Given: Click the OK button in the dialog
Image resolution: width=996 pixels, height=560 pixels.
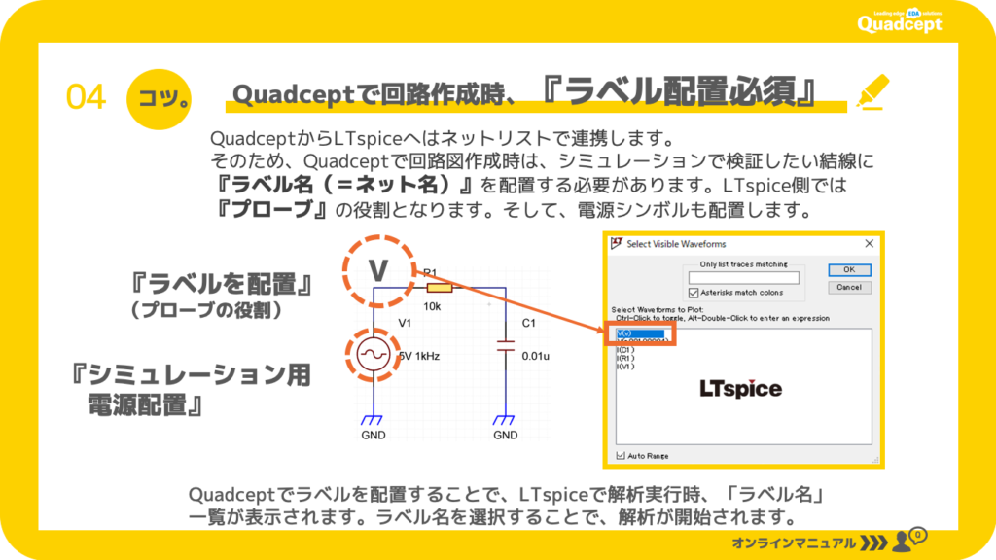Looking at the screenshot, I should pyautogui.click(x=849, y=269).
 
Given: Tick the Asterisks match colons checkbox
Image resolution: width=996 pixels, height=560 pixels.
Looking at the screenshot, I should pyautogui.click(x=694, y=292).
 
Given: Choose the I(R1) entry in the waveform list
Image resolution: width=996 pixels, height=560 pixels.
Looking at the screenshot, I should pyautogui.click(x=625, y=358).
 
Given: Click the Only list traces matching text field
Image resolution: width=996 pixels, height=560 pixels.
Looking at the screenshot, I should pyautogui.click(x=743, y=278).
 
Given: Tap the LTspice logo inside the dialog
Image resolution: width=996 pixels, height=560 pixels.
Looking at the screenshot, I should pyautogui.click(x=740, y=388).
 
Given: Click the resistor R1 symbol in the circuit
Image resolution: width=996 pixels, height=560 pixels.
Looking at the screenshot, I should pyautogui.click(x=441, y=288).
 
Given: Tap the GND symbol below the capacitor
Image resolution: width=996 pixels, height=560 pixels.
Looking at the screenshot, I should pyautogui.click(x=505, y=422).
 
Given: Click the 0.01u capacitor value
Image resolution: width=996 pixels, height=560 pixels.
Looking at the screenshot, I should pyautogui.click(x=536, y=356).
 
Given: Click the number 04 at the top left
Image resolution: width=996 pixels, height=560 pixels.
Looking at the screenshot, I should pyautogui.click(x=86, y=96).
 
